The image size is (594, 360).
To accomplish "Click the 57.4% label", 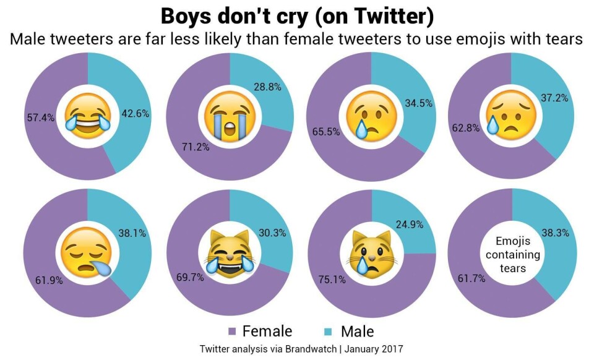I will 40,118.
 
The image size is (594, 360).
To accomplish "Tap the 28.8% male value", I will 267,87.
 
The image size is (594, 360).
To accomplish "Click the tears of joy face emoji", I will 88,114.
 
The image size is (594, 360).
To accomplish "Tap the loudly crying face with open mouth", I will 229,116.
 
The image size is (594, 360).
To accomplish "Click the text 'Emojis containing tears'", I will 513,254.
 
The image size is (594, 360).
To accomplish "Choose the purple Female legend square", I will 233,332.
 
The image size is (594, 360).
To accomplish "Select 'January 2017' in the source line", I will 374,349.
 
